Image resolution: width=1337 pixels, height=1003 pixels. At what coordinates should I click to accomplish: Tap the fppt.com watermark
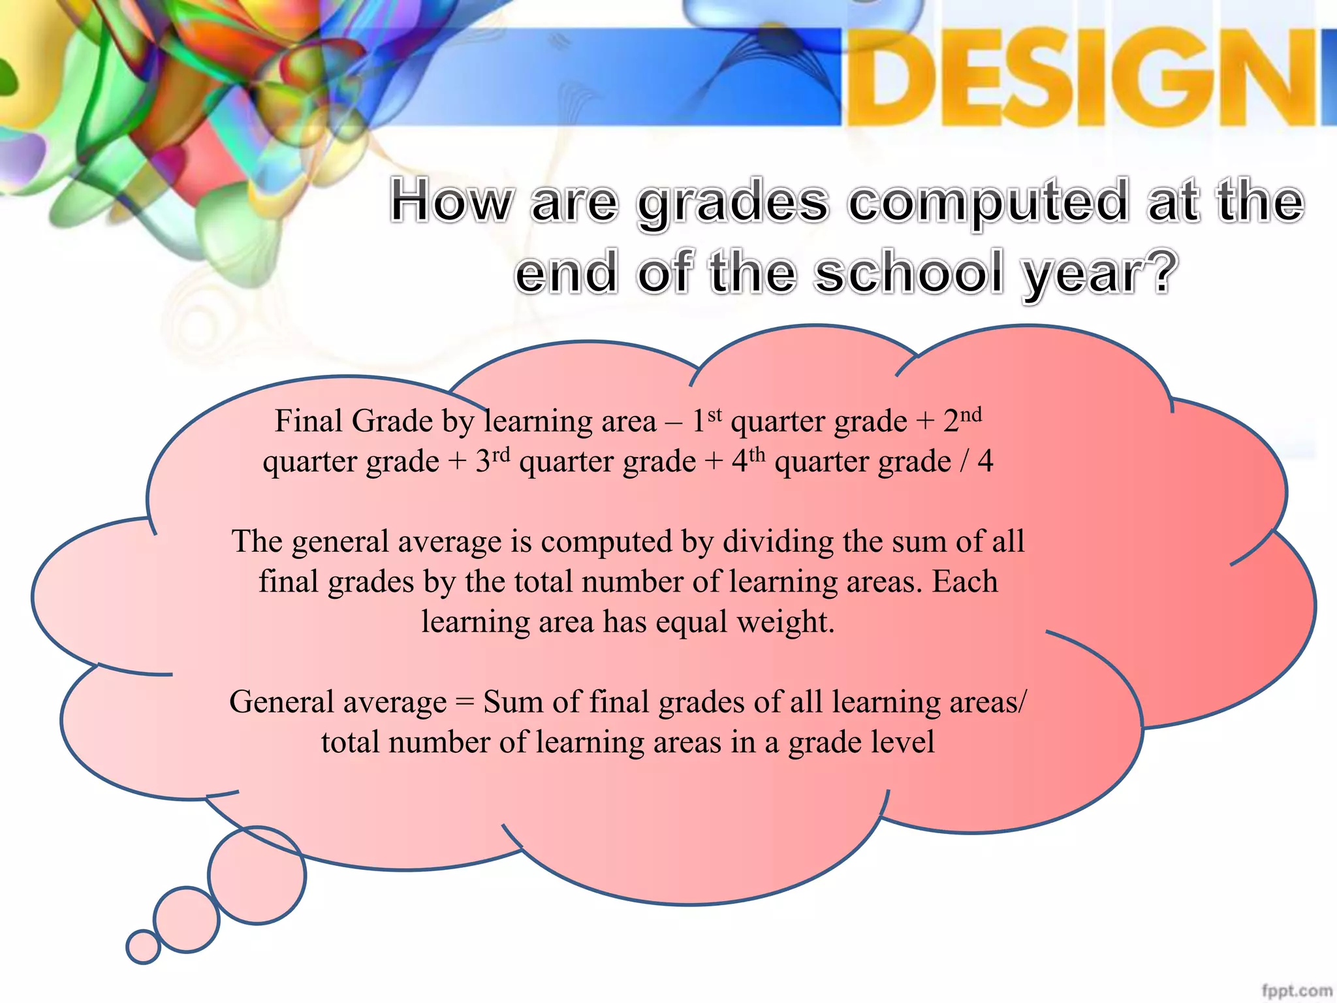pyautogui.click(x=1297, y=991)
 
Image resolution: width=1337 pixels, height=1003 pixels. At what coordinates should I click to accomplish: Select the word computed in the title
pyautogui.click(x=988, y=202)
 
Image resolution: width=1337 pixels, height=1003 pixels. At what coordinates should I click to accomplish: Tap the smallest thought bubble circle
pyautogui.click(x=143, y=947)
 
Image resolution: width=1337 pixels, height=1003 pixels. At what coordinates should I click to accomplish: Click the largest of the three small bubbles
pyautogui.click(x=257, y=875)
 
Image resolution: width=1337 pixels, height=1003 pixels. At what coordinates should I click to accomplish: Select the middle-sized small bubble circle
pyautogui.click(x=187, y=919)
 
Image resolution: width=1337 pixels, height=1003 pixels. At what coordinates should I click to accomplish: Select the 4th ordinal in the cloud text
pyautogui.click(x=748, y=460)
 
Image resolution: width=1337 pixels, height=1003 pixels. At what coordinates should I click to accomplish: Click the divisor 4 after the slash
pyautogui.click(x=985, y=462)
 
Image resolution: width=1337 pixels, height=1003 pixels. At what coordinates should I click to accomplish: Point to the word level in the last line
pyautogui.click(x=907, y=742)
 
